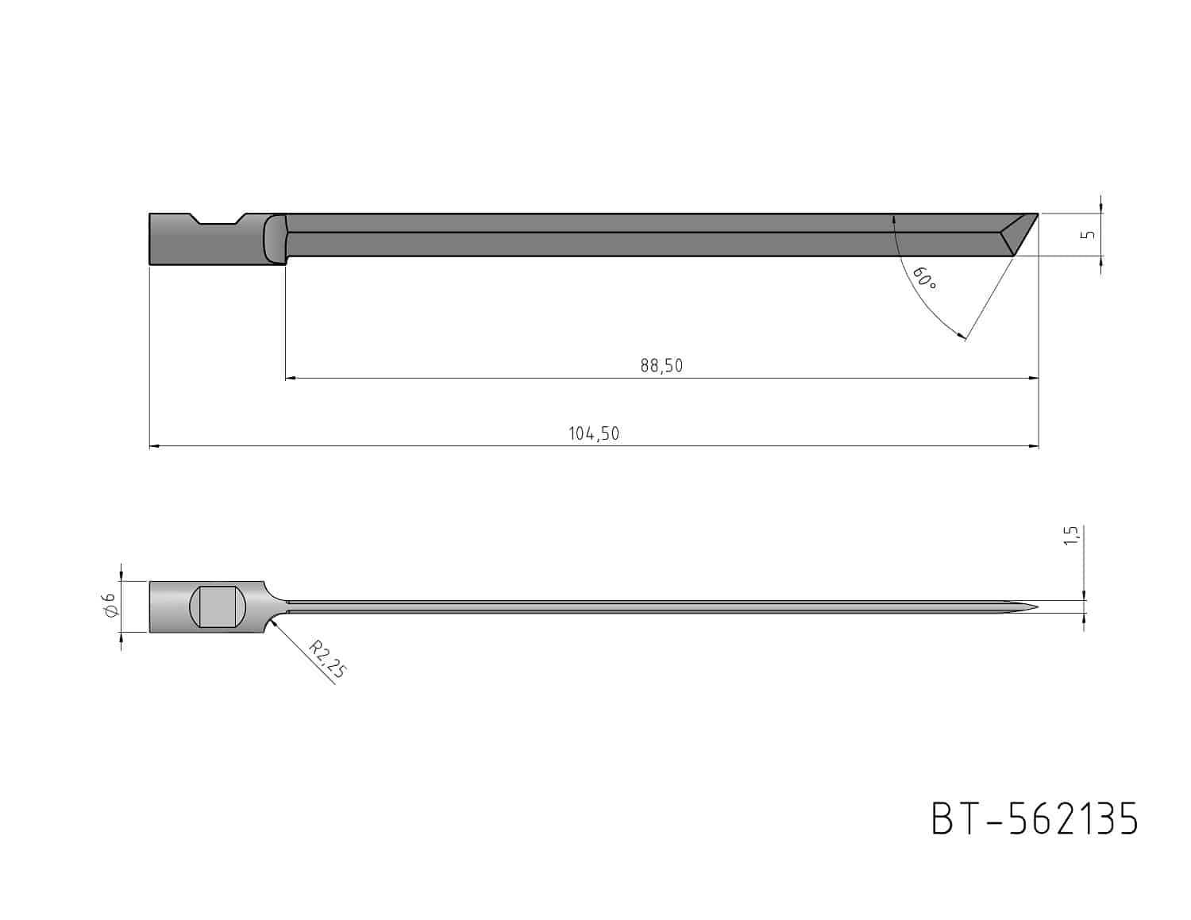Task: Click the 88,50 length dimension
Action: point(661,365)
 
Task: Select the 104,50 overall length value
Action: point(594,434)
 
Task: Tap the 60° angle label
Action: point(925,279)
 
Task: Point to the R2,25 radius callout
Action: point(327,660)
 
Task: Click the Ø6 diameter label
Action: point(109,606)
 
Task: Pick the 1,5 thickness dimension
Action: point(1072,535)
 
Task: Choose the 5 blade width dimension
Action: point(1090,234)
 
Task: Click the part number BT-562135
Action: point(1035,818)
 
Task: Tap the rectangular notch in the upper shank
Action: point(218,219)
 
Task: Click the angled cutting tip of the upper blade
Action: point(1019,234)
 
